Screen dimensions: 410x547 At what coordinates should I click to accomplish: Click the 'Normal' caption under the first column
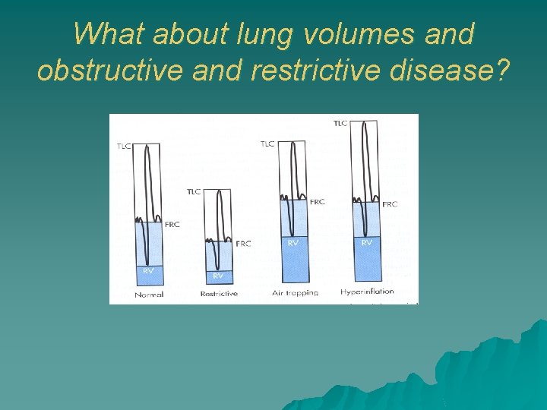[149, 295]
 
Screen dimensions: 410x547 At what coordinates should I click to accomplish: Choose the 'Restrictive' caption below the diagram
[219, 294]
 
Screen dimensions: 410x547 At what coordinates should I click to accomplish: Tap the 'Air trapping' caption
[296, 293]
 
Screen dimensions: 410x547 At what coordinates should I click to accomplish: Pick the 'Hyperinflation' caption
[368, 292]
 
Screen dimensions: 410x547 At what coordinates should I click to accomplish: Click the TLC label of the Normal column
[124, 146]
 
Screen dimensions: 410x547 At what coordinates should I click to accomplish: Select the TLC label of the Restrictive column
[194, 191]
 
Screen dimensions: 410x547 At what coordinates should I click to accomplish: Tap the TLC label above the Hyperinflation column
[340, 123]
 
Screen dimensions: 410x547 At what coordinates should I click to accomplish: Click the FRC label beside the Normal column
[172, 225]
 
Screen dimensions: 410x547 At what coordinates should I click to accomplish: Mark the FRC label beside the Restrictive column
[243, 244]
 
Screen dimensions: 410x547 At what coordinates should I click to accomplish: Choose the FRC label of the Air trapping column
[317, 202]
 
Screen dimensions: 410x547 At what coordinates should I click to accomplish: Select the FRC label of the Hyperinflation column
[390, 204]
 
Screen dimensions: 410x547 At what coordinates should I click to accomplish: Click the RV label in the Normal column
[148, 270]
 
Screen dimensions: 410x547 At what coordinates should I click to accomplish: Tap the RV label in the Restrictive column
[218, 276]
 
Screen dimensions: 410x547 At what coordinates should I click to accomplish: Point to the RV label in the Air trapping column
[293, 243]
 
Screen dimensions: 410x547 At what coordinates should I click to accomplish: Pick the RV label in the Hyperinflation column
[367, 242]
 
